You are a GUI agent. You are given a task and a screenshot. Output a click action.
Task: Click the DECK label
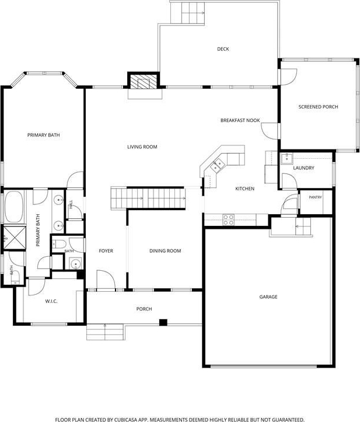pyautogui.click(x=223, y=49)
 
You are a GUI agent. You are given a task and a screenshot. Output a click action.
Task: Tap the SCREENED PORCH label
pyautogui.click(x=319, y=107)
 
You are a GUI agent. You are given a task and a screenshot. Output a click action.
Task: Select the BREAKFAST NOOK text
pyautogui.click(x=240, y=120)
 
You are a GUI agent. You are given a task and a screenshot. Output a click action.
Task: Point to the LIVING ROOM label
pyautogui.click(x=142, y=147)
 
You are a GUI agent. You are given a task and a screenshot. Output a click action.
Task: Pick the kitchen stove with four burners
pyautogui.click(x=228, y=219)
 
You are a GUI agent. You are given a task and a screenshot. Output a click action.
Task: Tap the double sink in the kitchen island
pyautogui.click(x=218, y=165)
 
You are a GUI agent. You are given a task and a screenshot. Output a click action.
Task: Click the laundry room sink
pyautogui.click(x=287, y=159)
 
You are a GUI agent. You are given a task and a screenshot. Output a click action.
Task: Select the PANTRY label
pyautogui.click(x=315, y=197)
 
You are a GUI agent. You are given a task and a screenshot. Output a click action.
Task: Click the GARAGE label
pyautogui.click(x=268, y=297)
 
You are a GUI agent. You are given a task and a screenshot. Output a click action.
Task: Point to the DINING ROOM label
pyautogui.click(x=165, y=251)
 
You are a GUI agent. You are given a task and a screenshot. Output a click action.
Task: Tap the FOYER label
pyautogui.click(x=106, y=251)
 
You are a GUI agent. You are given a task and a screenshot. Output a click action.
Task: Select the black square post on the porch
pyautogui.click(x=163, y=322)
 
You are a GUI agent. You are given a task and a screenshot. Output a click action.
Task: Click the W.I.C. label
pyautogui.click(x=51, y=301)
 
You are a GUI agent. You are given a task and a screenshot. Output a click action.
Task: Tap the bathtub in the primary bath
pyautogui.click(x=14, y=207)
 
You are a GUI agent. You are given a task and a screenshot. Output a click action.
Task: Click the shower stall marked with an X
pyautogui.click(x=14, y=239)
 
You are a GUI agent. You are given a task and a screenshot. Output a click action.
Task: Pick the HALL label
pyautogui.click(x=71, y=204)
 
